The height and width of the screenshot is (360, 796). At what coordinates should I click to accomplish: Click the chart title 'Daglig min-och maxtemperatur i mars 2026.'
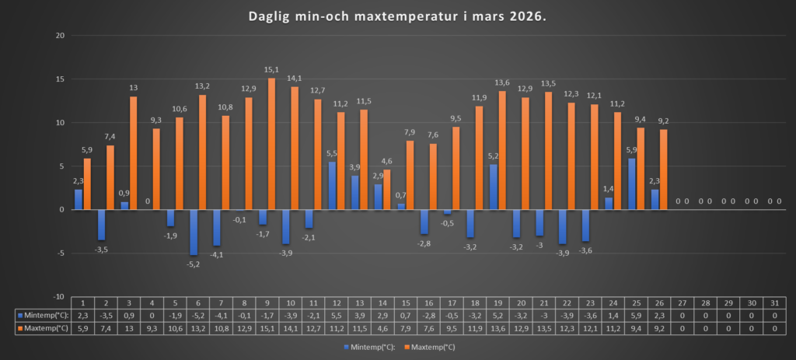397,16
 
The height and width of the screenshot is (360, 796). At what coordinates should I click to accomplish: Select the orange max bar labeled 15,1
272,144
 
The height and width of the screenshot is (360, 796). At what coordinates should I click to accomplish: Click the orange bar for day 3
134,153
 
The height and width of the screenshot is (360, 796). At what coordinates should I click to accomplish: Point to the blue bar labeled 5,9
632,184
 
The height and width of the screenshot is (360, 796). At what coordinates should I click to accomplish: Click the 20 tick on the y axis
59,36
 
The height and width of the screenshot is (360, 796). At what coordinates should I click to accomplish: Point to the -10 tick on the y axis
58,297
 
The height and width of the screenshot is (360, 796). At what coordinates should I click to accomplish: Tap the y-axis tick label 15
59,79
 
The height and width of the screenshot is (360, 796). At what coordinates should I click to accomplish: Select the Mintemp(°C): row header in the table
44,316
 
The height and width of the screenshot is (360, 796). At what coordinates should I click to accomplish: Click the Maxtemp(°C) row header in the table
44,329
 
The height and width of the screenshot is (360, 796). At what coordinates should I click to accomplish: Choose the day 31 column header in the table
774,302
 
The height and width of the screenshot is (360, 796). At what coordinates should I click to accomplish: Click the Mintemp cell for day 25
635,316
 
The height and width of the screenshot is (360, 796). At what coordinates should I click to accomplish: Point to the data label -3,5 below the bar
101,249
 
